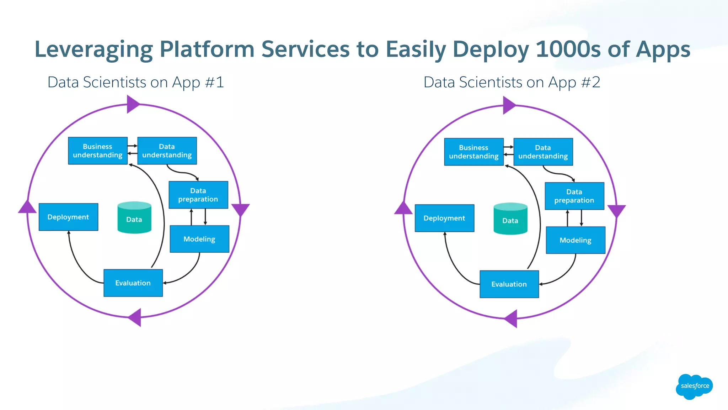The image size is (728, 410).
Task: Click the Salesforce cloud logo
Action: pos(694,386)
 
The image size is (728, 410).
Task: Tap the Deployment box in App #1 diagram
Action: pos(68,217)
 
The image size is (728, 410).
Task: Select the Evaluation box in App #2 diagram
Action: pos(509,284)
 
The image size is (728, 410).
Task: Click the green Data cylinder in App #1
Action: pos(134,218)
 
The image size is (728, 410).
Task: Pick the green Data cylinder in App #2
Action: pos(510,219)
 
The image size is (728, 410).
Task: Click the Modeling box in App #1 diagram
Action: pos(199,239)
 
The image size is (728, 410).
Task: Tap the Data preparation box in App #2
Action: pos(574,196)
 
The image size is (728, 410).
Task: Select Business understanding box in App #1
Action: pos(98,151)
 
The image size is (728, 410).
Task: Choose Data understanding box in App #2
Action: pos(543,152)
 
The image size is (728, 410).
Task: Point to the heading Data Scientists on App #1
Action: pos(135,82)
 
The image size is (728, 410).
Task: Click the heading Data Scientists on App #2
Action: pos(512,82)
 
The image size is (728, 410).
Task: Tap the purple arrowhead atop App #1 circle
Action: pos(132,105)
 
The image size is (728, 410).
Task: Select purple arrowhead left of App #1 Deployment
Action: pos(27,207)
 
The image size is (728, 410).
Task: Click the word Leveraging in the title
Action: pos(93,50)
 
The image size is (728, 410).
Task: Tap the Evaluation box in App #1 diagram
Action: pos(133,283)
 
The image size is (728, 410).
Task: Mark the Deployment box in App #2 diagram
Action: pos(444,218)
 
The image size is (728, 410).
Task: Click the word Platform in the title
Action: pos(207,49)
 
